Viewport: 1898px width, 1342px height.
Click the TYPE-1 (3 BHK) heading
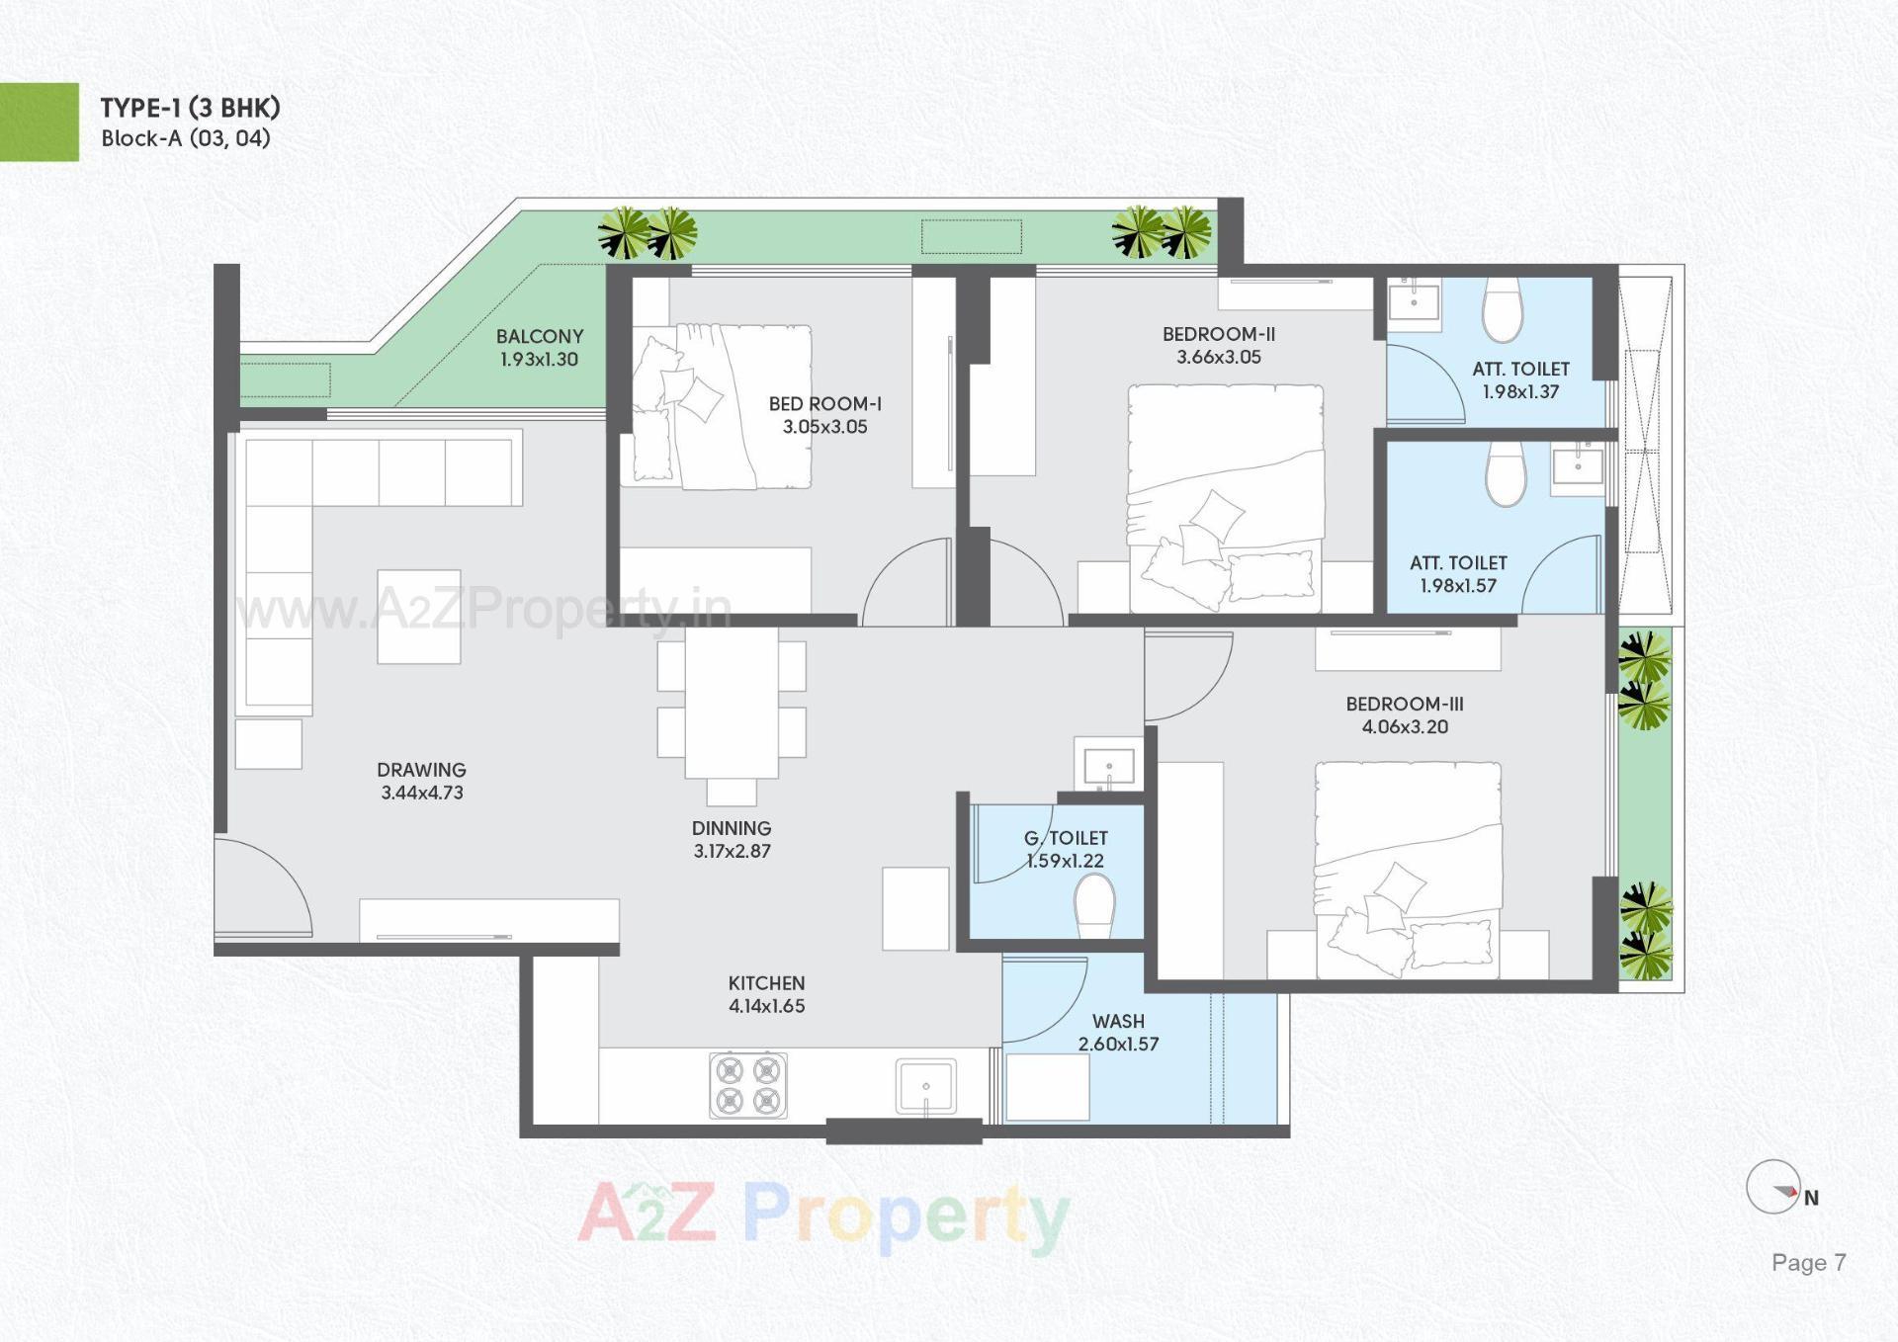(x=190, y=108)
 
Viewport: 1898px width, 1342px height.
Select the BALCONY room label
(x=540, y=337)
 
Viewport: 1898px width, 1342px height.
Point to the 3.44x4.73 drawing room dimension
(x=422, y=793)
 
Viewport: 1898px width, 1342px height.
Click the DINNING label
(x=732, y=828)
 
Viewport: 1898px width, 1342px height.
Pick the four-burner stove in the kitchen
(x=748, y=1085)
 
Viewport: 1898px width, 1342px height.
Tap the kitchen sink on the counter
(x=926, y=1086)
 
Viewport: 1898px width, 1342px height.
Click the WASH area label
(x=1118, y=1021)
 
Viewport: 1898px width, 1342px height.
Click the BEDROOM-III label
(x=1405, y=705)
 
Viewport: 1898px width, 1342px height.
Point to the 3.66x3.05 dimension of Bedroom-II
(x=1219, y=358)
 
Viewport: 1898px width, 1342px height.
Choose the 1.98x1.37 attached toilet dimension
(x=1520, y=392)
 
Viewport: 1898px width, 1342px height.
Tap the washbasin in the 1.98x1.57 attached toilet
(x=1578, y=464)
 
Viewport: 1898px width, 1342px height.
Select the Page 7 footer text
(x=1808, y=1263)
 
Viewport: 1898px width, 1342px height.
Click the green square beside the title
(x=40, y=122)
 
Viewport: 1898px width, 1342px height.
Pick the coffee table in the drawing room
(x=418, y=617)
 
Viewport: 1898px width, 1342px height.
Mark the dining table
(x=732, y=704)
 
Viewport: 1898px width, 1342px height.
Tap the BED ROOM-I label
(x=824, y=404)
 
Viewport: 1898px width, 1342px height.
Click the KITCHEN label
(x=766, y=983)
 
